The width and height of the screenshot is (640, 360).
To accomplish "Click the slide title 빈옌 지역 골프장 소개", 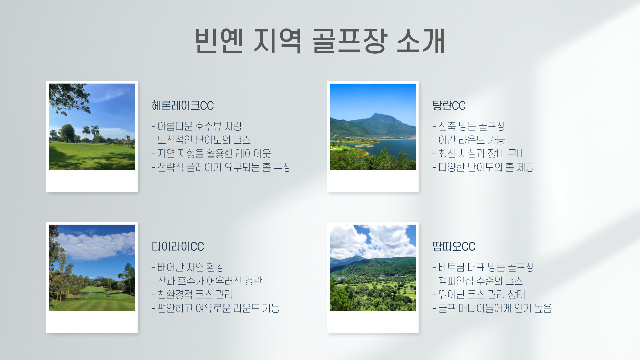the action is [320, 41].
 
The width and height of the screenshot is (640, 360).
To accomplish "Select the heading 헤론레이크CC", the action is [183, 106].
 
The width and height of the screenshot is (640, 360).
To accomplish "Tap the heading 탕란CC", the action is [449, 106].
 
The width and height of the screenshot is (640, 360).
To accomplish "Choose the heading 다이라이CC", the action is [178, 247].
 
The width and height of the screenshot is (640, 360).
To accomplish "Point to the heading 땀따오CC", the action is [454, 247].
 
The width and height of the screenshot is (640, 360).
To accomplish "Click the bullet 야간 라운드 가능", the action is [469, 140].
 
